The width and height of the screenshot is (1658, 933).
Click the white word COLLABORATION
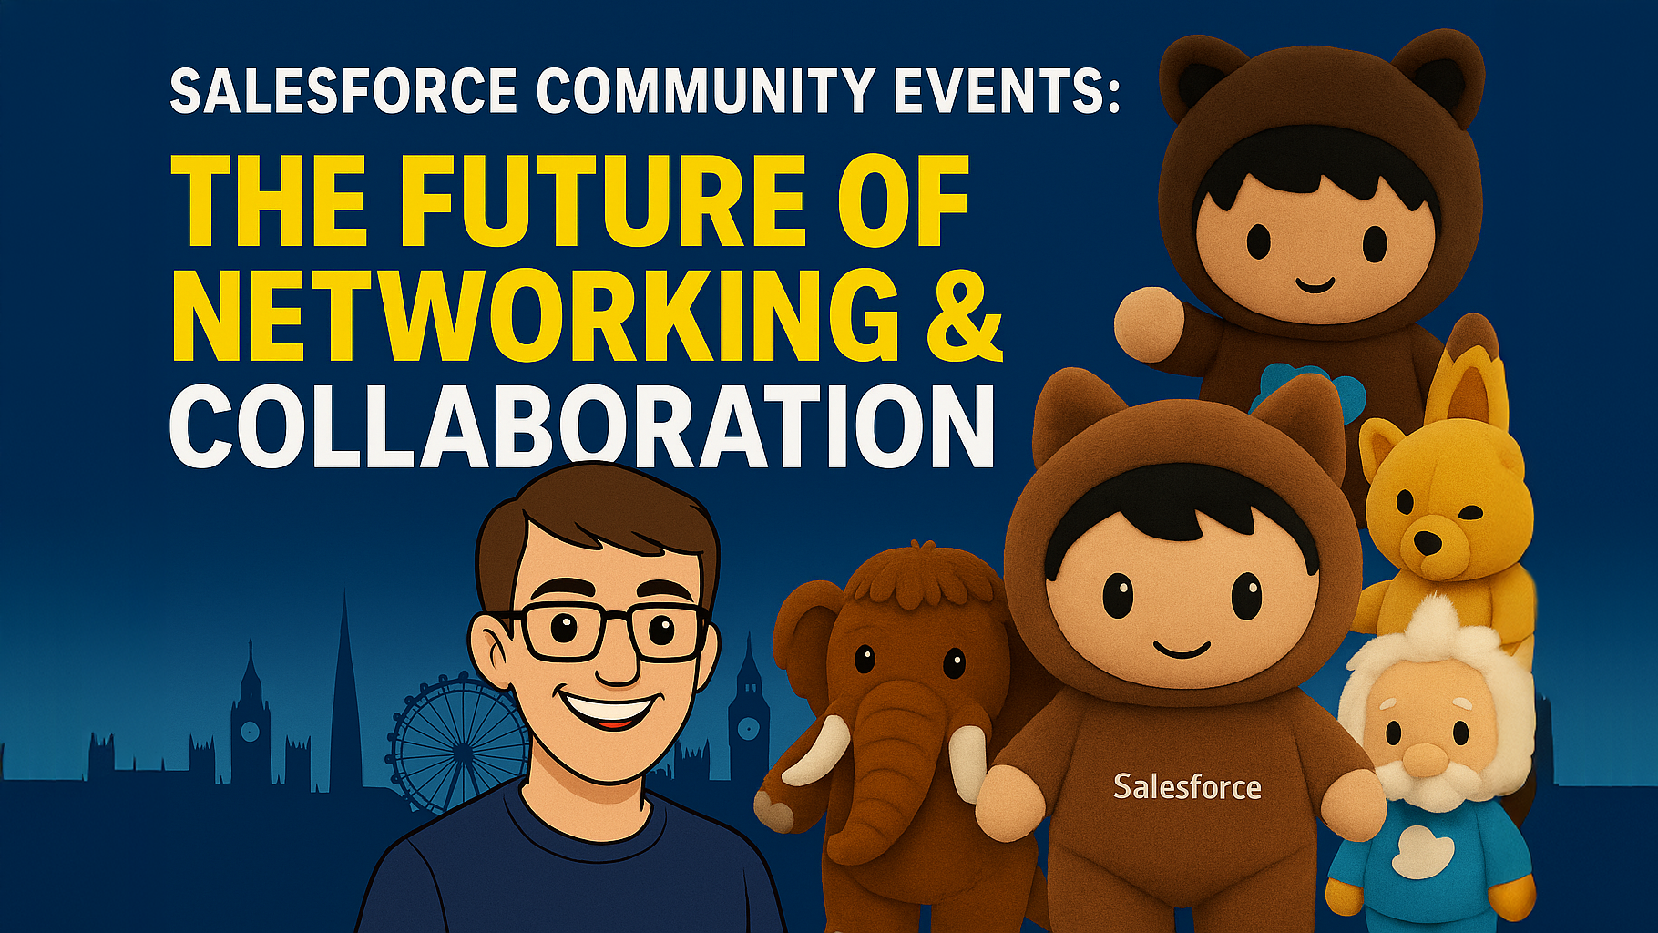pos(582,425)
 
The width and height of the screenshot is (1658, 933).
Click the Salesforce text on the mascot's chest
pos(1187,787)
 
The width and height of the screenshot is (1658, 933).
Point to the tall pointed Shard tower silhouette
pos(344,692)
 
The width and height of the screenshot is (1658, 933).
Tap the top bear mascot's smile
pos(1315,285)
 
